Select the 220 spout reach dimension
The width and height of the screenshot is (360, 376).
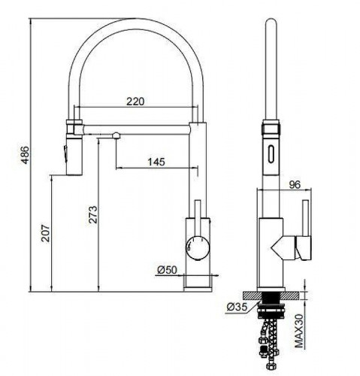(136, 102)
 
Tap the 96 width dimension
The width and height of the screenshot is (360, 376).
(295, 181)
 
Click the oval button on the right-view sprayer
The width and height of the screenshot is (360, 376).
(269, 156)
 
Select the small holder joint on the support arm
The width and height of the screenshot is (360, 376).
(116, 136)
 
